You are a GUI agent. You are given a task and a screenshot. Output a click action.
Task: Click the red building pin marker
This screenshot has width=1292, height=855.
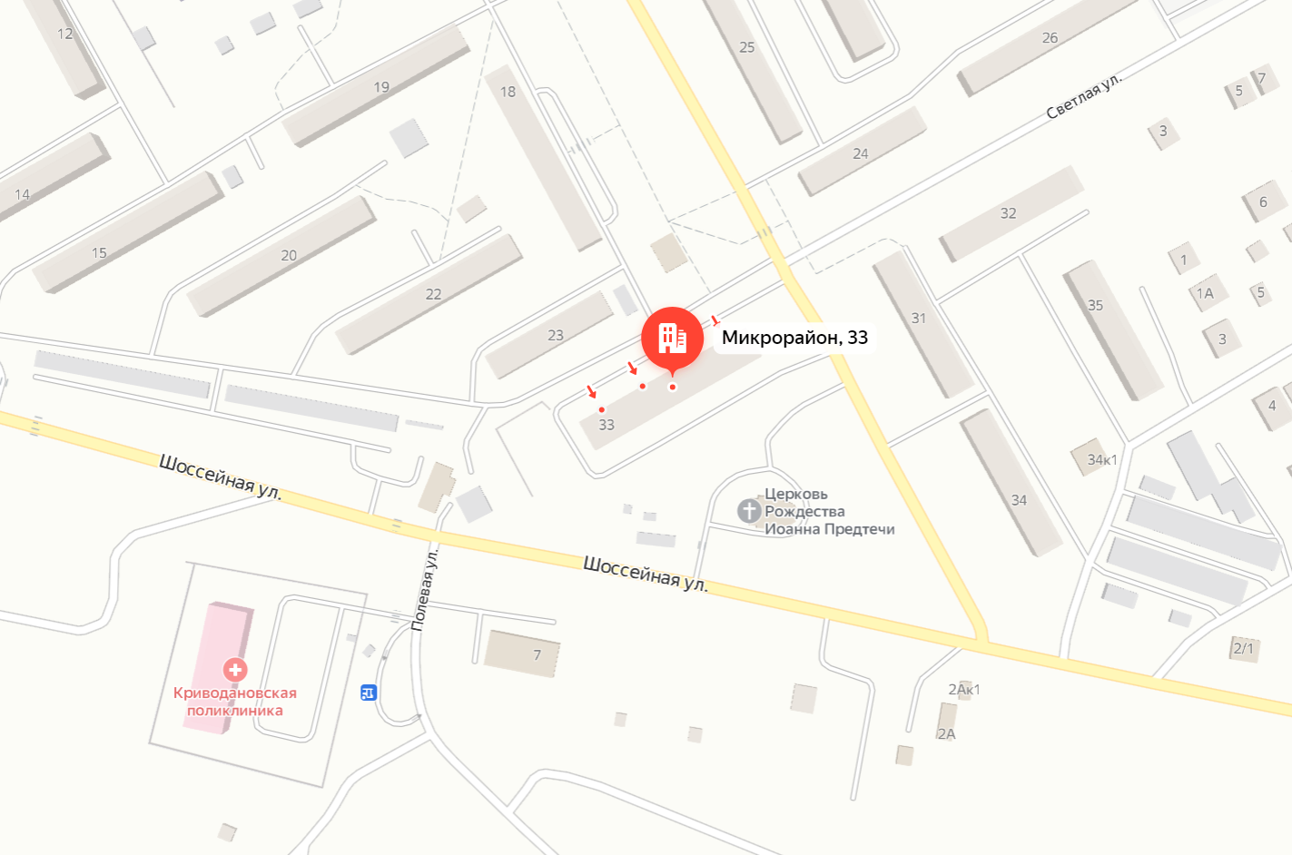point(672,338)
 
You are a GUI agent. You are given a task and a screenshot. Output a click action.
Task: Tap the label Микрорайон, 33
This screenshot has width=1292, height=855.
point(794,338)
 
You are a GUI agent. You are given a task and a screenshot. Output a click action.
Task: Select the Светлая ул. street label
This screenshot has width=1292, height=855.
point(1083,96)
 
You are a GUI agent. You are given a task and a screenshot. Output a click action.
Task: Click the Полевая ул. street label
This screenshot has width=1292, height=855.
point(424,589)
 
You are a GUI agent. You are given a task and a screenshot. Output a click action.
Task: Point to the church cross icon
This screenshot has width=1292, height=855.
point(749,511)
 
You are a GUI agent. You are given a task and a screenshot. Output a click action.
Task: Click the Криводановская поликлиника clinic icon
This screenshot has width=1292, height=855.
point(235,670)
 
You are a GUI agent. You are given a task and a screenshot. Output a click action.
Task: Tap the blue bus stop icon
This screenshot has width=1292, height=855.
point(369,693)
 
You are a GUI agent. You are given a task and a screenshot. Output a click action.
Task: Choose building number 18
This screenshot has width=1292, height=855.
point(508,92)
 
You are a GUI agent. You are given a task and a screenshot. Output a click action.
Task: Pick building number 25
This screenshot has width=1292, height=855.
point(746,47)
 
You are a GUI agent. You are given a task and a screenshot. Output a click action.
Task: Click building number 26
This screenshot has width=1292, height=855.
point(1050,38)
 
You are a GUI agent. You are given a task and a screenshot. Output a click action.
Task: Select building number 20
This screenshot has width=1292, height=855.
point(289,256)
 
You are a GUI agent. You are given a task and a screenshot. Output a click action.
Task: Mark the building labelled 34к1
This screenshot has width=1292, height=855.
point(1101,459)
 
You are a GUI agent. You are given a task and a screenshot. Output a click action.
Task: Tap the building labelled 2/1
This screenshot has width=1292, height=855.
point(1243,648)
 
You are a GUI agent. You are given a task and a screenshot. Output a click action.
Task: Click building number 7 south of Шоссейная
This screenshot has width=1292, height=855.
point(537,654)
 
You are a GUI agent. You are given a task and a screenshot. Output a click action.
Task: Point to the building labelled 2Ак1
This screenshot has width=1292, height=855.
point(963,690)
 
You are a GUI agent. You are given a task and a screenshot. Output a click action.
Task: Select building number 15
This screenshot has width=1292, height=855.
point(99,253)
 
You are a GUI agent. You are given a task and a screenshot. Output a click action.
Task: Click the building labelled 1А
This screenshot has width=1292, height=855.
point(1205,294)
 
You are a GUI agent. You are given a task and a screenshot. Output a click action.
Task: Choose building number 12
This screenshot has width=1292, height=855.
point(64,34)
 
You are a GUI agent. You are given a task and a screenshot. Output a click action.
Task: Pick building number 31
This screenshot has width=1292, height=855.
point(919,319)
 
